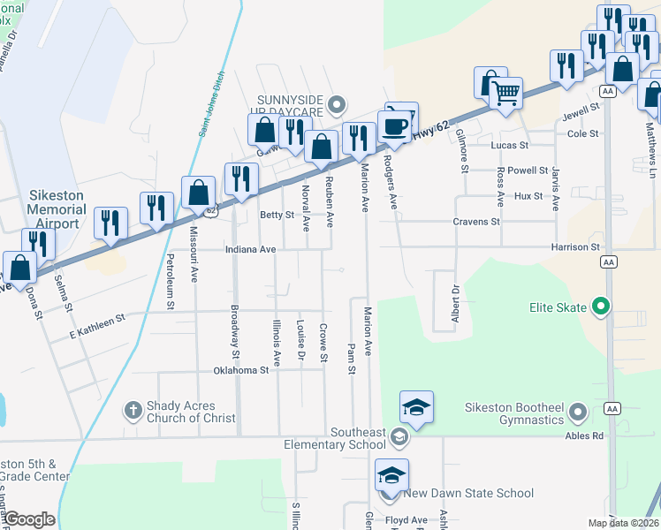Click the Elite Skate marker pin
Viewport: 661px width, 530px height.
(x=602, y=307)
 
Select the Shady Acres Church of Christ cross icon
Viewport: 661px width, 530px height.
(x=133, y=410)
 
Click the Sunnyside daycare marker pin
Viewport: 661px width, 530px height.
(x=336, y=106)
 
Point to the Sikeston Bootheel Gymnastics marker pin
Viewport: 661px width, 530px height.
(x=578, y=413)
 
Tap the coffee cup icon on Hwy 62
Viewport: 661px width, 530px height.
(x=393, y=125)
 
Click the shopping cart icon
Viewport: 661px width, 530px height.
(x=505, y=92)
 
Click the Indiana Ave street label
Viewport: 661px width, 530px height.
(x=250, y=250)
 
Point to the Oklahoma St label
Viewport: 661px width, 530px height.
(x=240, y=371)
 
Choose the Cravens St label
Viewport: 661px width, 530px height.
(x=476, y=222)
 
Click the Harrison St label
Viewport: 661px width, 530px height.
(x=575, y=247)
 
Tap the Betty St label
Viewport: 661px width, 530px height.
(x=277, y=215)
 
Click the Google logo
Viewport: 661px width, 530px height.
(x=28, y=519)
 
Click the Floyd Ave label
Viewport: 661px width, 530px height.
(x=406, y=520)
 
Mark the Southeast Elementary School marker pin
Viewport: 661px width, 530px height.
(x=399, y=437)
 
